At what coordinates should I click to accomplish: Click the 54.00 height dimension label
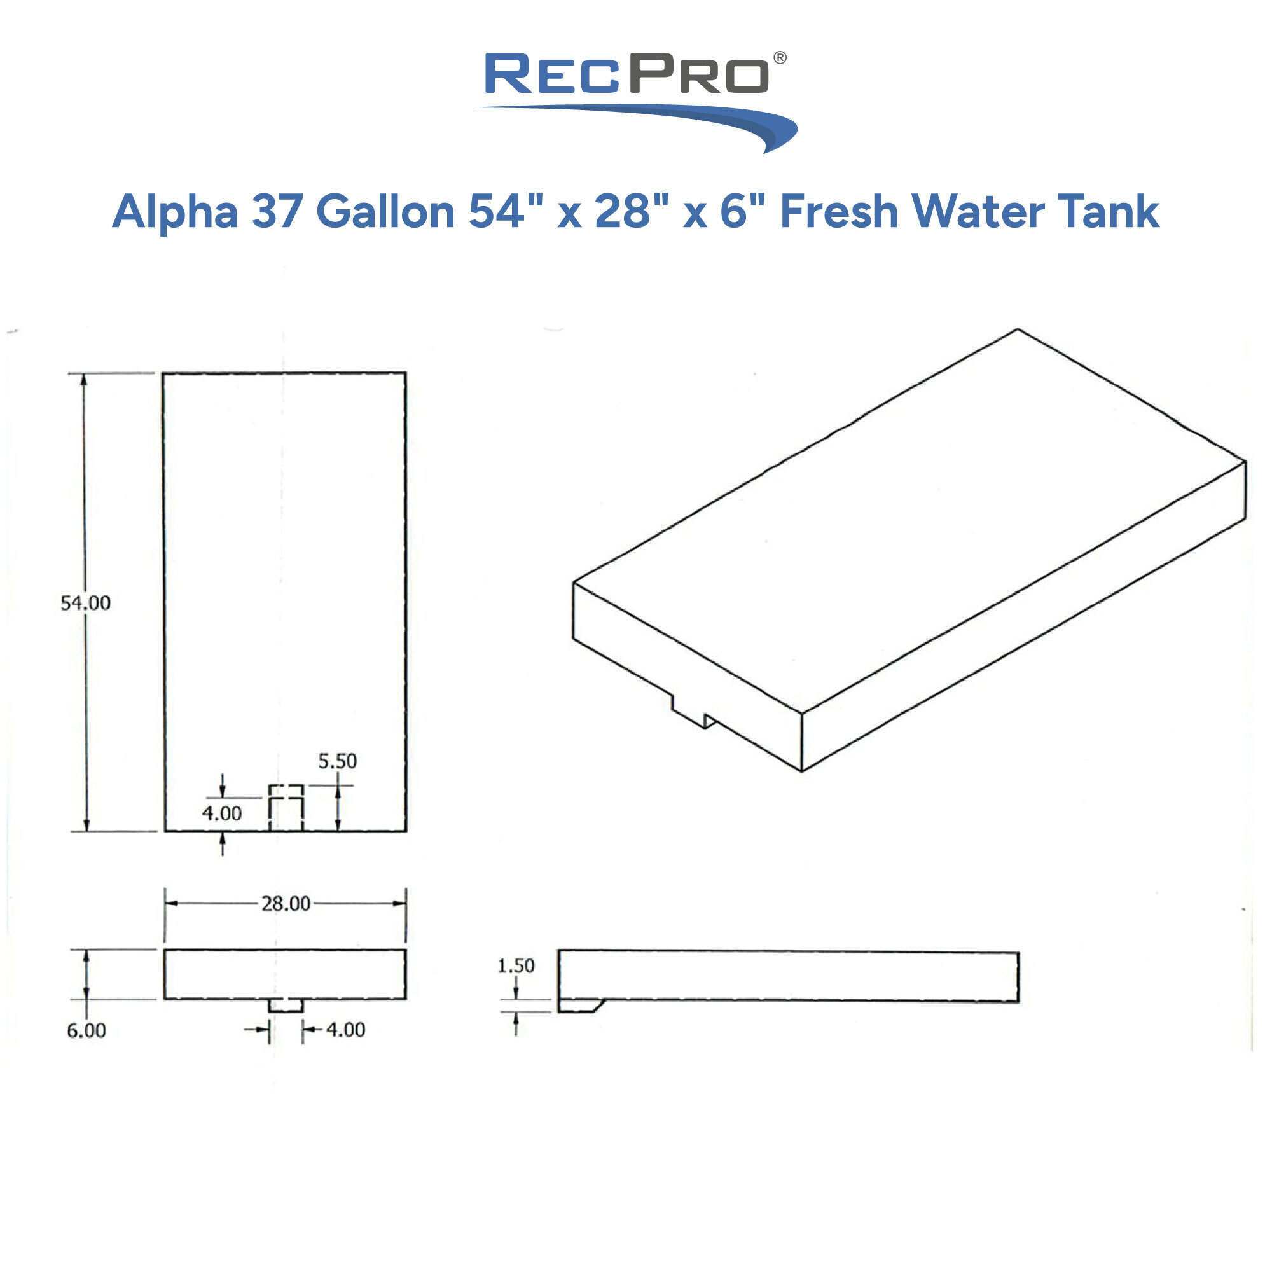86,602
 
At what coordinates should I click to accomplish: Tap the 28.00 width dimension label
286,903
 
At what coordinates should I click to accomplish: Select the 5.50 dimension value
337,761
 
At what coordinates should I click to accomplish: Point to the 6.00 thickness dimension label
86,1030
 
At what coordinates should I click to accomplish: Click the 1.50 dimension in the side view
516,966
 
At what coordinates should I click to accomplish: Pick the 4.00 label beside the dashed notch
222,814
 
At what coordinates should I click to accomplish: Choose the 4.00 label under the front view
345,1030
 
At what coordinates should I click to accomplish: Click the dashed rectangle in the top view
286,807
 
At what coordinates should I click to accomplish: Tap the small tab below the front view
286,1006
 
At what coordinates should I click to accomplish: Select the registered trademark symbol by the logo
780,58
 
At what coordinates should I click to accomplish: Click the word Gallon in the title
385,212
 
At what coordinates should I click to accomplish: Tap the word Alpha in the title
175,212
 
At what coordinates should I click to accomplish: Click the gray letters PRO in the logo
698,74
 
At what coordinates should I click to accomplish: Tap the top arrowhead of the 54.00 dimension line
83,379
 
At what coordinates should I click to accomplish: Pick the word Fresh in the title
839,212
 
